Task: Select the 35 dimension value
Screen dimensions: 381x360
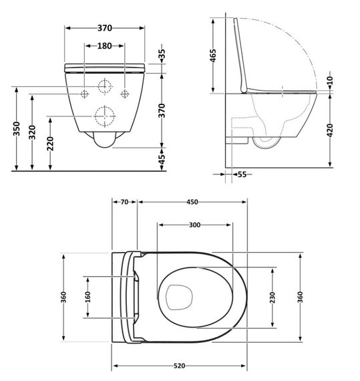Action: (x=160, y=53)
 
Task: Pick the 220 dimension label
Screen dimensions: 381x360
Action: (x=51, y=143)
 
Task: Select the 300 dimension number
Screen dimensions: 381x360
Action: (x=195, y=226)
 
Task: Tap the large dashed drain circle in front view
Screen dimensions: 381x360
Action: (x=104, y=117)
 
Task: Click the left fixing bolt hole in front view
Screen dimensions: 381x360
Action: (x=85, y=92)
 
